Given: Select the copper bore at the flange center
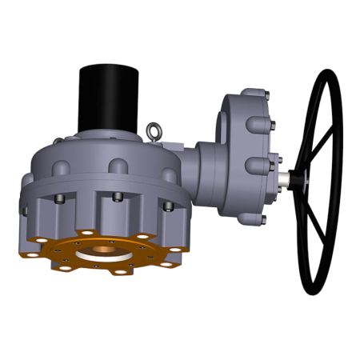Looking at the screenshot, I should click(103, 251).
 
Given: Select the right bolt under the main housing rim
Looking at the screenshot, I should click(168, 206).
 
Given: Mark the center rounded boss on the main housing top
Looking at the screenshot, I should click(118, 166).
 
